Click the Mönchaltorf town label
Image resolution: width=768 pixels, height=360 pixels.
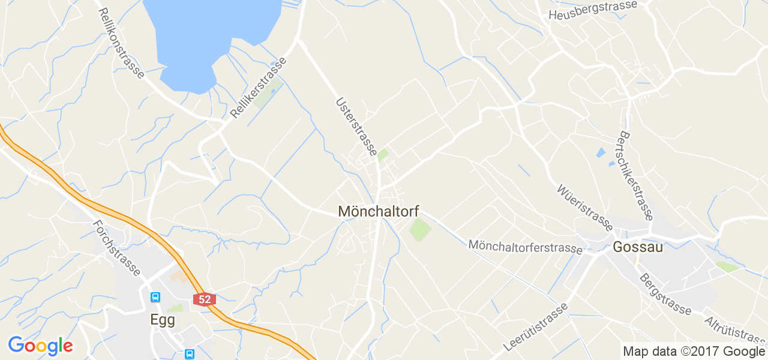click(379, 212)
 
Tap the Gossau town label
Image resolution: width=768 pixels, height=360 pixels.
click(637, 247)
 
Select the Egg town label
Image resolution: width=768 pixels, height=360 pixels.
click(162, 320)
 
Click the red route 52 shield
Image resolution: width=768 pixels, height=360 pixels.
click(205, 299)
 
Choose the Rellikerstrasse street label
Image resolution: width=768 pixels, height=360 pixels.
click(259, 84)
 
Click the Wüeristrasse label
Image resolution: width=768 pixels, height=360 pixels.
click(584, 207)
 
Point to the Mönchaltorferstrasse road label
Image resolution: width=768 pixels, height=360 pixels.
click(526, 246)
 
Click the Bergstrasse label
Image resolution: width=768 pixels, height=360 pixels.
click(665, 294)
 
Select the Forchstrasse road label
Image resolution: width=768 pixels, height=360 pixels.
click(116, 248)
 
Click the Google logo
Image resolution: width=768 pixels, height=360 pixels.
click(40, 346)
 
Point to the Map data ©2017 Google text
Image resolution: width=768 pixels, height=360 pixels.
click(694, 351)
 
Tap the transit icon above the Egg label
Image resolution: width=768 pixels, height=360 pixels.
click(155, 297)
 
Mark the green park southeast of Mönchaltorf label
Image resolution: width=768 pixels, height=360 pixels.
click(420, 230)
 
